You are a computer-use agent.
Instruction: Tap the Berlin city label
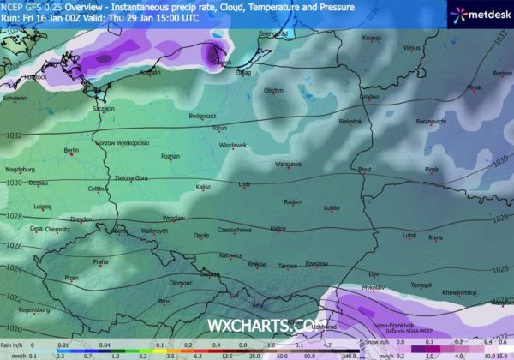point(72,151)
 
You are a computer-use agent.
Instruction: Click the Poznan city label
point(170,156)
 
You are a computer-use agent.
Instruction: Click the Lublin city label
point(332,207)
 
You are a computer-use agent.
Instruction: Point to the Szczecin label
point(104,109)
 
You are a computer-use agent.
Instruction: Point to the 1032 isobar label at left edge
point(12,135)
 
